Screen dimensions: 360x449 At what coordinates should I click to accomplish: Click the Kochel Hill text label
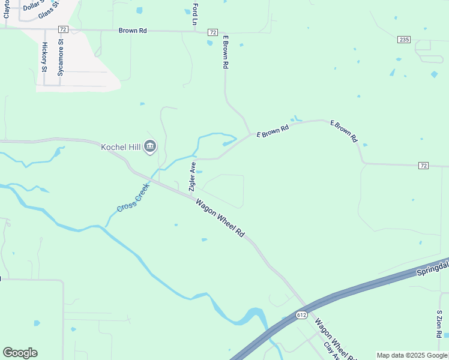121,146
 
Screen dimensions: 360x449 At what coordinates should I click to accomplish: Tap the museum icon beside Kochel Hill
150,146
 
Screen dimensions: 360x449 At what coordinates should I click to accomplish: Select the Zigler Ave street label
193,176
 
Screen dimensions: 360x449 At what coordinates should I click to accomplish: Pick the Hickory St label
44,56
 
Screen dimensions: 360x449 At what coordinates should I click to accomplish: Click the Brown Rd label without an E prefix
133,30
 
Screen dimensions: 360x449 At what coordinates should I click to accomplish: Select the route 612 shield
302,314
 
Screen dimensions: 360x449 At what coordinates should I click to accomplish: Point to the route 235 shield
403,40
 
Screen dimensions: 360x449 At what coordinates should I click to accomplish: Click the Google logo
20,353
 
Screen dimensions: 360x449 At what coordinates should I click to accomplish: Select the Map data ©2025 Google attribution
412,355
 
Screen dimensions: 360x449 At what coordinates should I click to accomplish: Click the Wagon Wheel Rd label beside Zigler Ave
220,218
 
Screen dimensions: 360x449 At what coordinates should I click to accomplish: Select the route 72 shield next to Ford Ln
212,31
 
